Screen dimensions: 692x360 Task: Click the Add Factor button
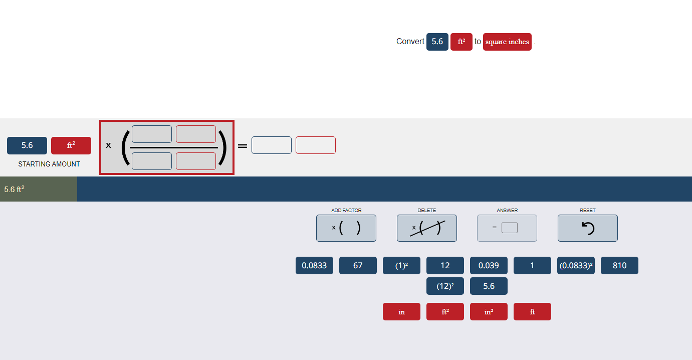tap(346, 228)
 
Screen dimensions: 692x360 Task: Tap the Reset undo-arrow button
tap(588, 228)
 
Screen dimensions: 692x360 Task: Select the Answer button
tap(507, 228)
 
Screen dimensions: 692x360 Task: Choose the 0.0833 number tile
tap(314, 265)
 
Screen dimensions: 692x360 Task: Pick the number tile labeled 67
tap(358, 265)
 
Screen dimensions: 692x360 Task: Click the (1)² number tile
tap(401, 265)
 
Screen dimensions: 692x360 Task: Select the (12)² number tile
tap(445, 286)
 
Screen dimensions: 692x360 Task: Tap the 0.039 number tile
tap(489, 265)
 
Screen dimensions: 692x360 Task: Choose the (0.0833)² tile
tap(576, 265)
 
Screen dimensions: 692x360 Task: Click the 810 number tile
tap(619, 265)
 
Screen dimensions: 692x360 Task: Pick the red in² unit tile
tap(489, 311)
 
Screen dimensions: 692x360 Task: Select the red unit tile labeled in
tap(401, 311)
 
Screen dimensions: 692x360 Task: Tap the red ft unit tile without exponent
tap(532, 311)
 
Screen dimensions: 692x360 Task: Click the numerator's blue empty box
tap(152, 134)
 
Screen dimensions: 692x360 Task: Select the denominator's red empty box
tap(196, 161)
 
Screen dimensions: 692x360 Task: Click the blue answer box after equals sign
tap(272, 145)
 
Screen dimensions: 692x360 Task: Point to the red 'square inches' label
tap(507, 42)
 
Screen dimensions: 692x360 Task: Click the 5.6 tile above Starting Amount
tap(27, 145)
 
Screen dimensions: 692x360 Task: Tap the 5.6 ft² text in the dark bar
tap(14, 189)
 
